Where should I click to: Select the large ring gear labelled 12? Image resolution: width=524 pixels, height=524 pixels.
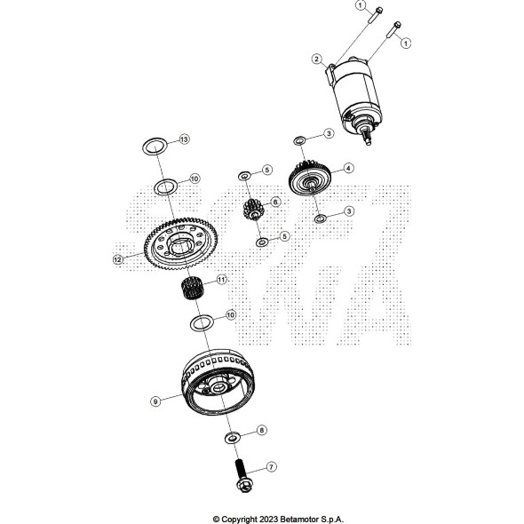coord(180,243)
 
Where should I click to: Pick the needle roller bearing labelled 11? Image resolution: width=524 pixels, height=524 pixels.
coord(189,289)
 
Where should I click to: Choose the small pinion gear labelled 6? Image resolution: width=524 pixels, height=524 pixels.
coord(254,210)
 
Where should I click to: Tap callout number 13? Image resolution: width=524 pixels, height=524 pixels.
coord(184,139)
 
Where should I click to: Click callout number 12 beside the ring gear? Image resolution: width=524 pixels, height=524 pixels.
coord(118,259)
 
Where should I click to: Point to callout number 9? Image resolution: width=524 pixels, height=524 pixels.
coord(155,401)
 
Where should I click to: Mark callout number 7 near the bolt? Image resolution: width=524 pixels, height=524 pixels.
coord(271,466)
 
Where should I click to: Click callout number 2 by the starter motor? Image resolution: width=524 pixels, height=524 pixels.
coord(316,60)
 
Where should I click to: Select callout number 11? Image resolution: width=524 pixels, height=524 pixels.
coord(222,280)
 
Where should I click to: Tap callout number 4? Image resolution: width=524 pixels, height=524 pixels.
coord(348,168)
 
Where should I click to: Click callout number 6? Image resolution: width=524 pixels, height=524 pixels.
coord(275,202)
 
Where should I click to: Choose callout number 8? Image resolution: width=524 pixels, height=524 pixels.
coord(262,430)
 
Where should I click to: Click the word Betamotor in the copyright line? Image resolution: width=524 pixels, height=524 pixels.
coord(299,519)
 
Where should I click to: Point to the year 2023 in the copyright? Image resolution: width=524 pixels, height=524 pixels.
coord(269,519)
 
